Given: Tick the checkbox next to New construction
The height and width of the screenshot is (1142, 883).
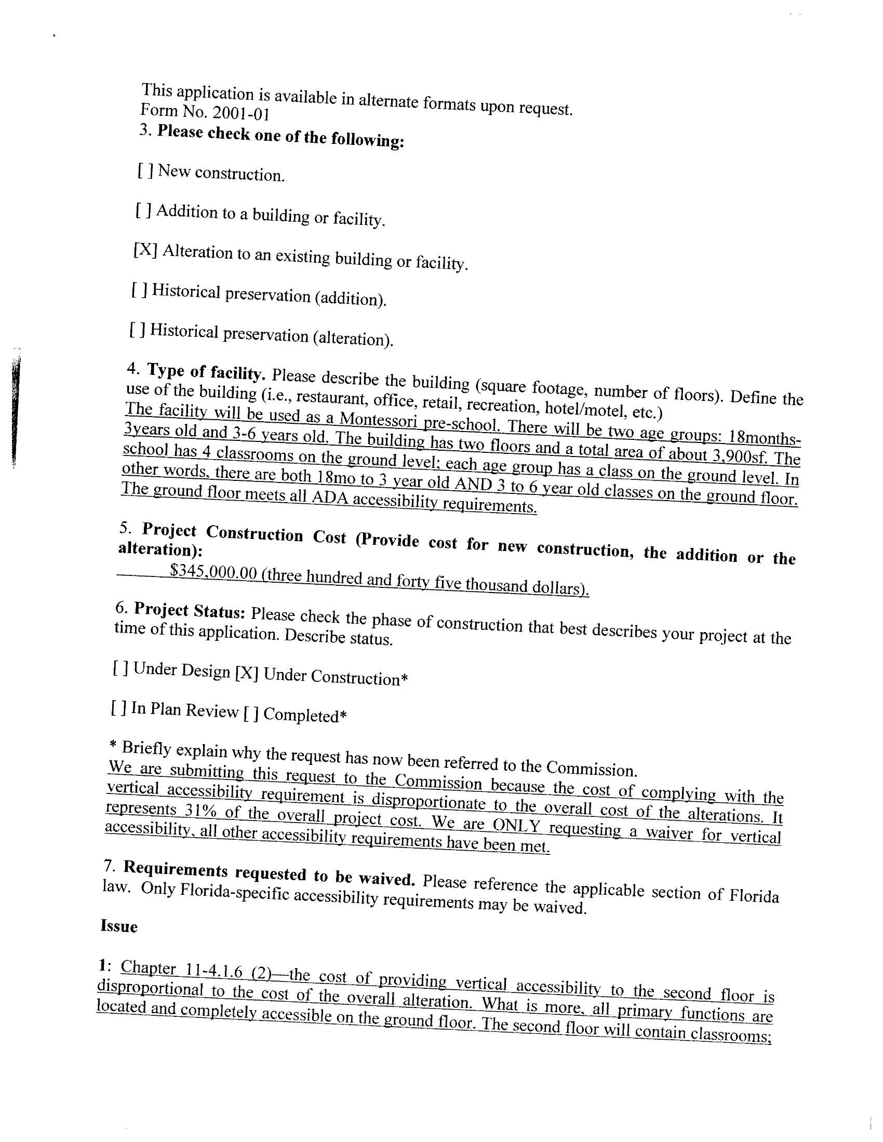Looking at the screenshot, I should click(145, 170).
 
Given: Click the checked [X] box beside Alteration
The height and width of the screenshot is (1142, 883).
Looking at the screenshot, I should click(145, 250).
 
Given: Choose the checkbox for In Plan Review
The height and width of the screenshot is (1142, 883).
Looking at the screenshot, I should click(119, 708).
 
